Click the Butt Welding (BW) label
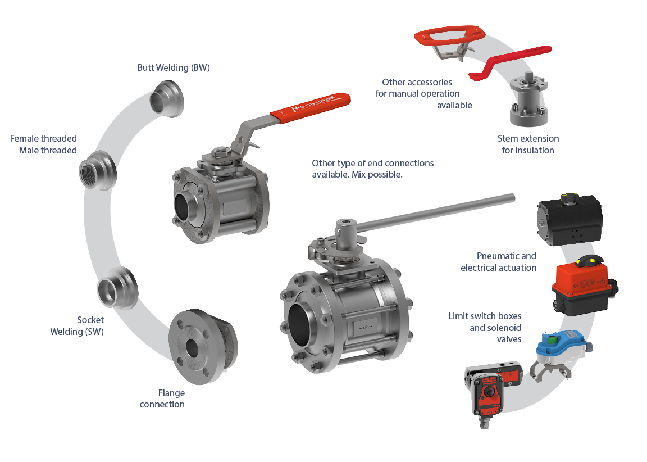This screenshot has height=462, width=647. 174,67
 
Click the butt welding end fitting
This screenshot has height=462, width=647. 166,98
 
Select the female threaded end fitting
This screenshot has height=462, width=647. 98,170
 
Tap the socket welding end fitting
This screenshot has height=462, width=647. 117,288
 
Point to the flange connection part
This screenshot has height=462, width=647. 203,346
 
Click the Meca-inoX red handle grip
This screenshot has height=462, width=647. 310,108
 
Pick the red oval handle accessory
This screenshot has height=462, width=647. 449,37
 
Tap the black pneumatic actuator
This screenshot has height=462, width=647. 569,220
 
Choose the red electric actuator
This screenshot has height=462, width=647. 584,286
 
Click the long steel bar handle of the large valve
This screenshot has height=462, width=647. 435,212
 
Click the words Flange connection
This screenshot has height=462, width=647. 162,398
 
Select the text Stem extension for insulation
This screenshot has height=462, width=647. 528,144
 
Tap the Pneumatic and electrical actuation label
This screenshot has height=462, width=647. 499,262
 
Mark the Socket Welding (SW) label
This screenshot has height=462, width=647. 77,326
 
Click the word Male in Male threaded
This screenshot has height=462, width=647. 29,150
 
